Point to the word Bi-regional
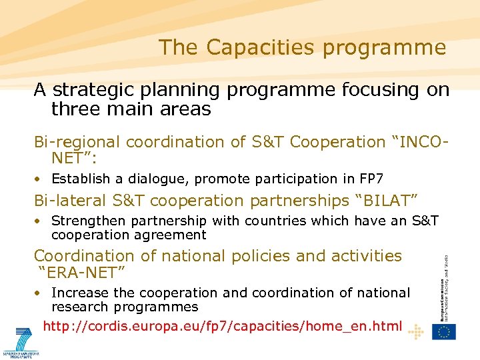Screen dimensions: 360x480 point(77,142)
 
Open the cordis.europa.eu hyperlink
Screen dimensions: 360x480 point(222,326)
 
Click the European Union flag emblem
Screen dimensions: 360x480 point(443,331)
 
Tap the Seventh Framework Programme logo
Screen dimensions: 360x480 point(21,343)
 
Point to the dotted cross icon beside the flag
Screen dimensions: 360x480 point(415,331)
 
